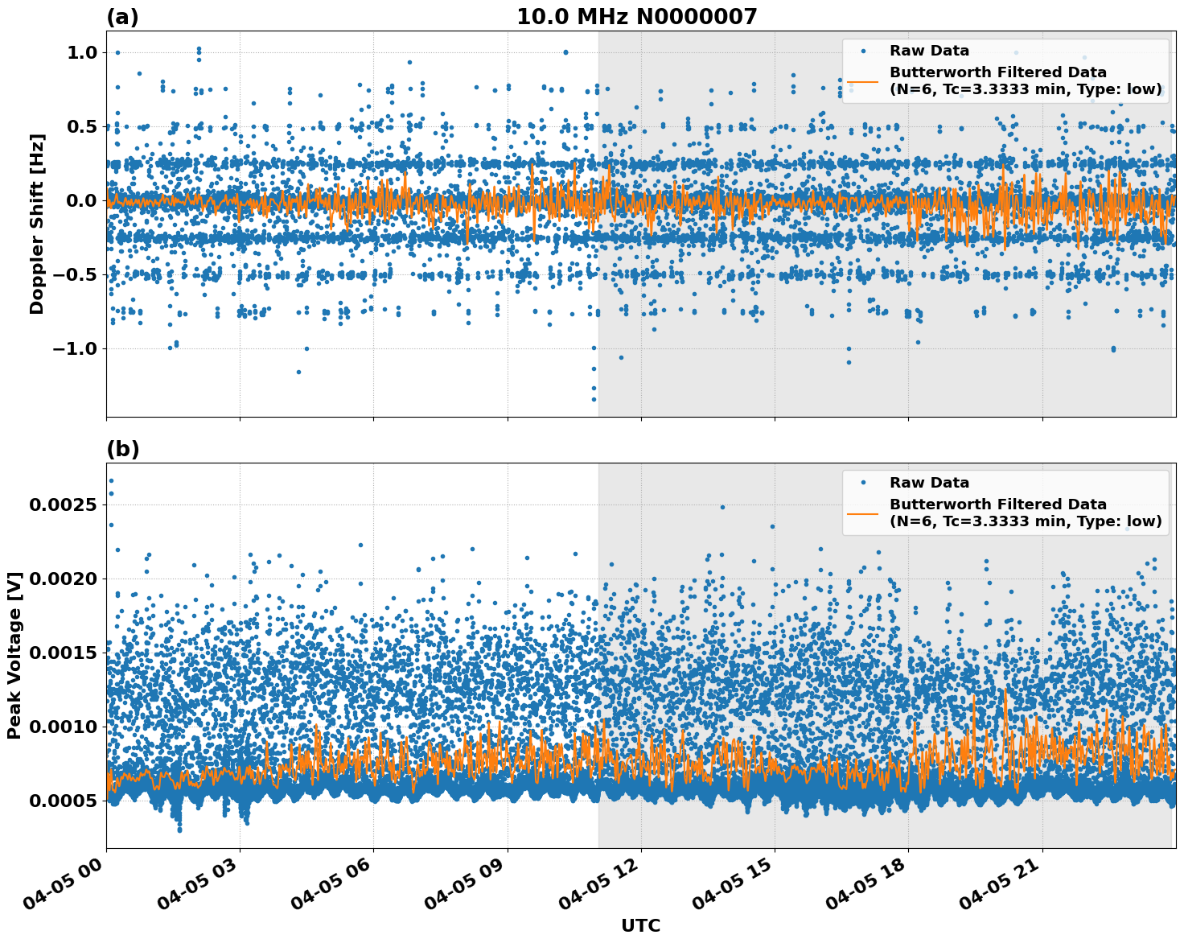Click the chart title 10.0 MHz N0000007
click(x=636, y=17)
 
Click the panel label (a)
click(x=122, y=17)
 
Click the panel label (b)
click(x=122, y=449)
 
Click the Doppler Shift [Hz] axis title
click(x=37, y=224)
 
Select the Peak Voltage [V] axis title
click(x=14, y=655)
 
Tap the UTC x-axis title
click(x=640, y=925)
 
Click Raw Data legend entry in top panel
click(x=929, y=51)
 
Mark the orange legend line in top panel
click(x=863, y=80)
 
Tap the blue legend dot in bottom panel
click(x=863, y=483)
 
